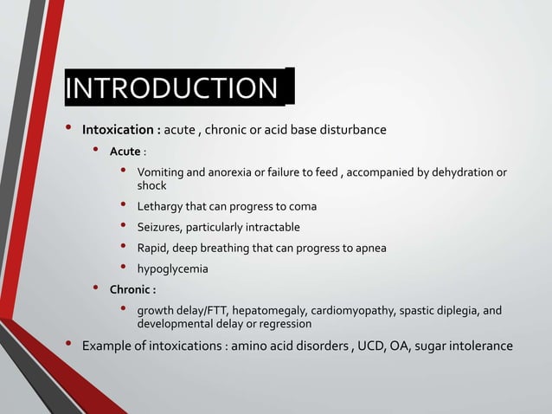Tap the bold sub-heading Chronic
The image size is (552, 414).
132,289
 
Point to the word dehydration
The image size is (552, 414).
453,172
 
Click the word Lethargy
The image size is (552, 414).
163,207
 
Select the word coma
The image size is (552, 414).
301,207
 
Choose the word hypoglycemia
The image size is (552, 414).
173,269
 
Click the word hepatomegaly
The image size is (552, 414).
273,311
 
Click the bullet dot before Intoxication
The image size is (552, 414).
67,130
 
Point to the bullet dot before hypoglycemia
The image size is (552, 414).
123,268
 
